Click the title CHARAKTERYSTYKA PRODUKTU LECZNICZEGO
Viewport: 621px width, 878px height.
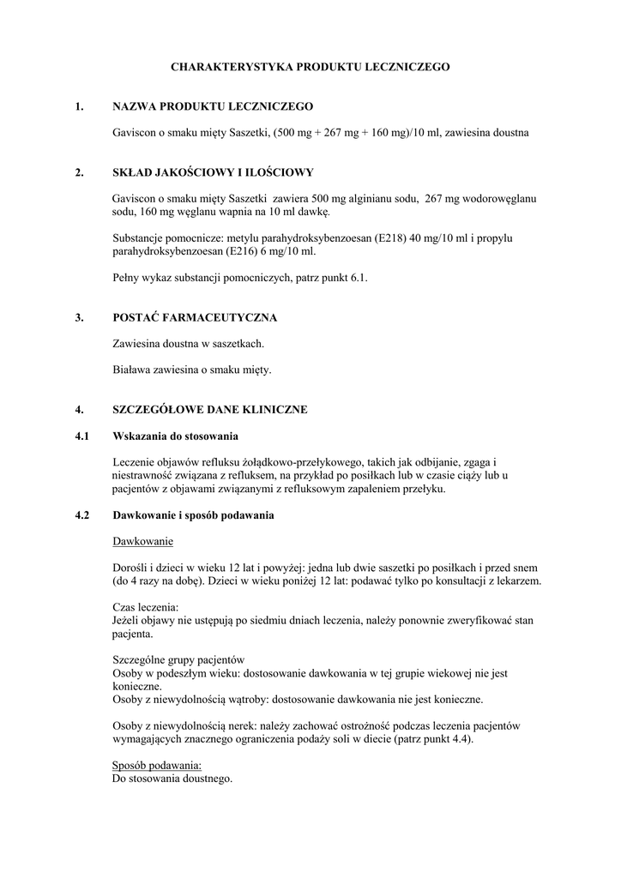coord(310,66)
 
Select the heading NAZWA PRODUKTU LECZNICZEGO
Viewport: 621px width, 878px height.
coord(213,106)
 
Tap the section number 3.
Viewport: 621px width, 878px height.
coord(79,318)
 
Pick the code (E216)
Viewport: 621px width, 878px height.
coord(244,253)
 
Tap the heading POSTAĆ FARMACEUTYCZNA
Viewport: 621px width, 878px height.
coord(195,318)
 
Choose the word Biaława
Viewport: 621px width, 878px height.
coord(134,370)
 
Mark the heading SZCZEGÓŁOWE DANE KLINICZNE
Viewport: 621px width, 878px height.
coord(209,410)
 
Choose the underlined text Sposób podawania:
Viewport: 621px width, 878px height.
coord(158,765)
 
